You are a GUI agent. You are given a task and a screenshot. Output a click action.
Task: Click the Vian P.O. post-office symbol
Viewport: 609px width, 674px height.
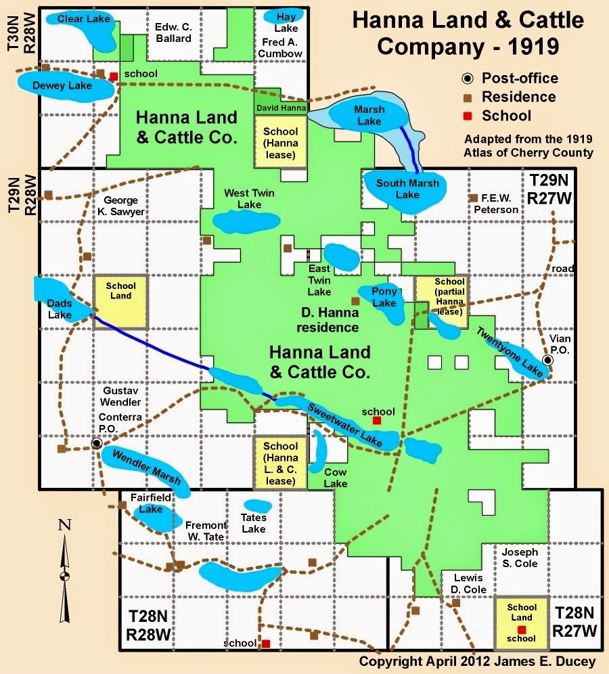coord(547,360)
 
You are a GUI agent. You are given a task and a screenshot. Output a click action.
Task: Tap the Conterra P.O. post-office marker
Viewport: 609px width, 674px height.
coord(97,443)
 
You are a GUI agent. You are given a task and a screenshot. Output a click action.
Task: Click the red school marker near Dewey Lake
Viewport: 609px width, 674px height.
coord(114,76)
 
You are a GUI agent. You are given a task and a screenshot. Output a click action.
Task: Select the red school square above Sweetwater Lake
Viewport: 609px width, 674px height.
coord(377,420)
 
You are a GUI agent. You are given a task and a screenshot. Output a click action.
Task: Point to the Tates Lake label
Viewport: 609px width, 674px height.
coord(254,523)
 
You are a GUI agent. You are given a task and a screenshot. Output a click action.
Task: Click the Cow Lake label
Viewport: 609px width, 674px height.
coord(335,478)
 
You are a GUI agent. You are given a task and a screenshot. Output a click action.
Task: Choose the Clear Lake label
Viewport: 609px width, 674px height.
coord(79,18)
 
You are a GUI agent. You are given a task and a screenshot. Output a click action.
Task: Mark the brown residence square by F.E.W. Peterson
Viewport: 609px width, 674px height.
coord(474,198)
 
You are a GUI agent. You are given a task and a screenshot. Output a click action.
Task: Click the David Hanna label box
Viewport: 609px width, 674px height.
coord(281,108)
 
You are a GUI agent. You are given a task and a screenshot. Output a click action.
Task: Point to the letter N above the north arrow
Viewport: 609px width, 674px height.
coord(64,524)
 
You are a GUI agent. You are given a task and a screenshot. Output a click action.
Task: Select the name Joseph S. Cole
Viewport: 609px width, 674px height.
coord(520,558)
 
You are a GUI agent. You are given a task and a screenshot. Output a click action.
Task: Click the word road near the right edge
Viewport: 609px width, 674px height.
coord(562,269)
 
